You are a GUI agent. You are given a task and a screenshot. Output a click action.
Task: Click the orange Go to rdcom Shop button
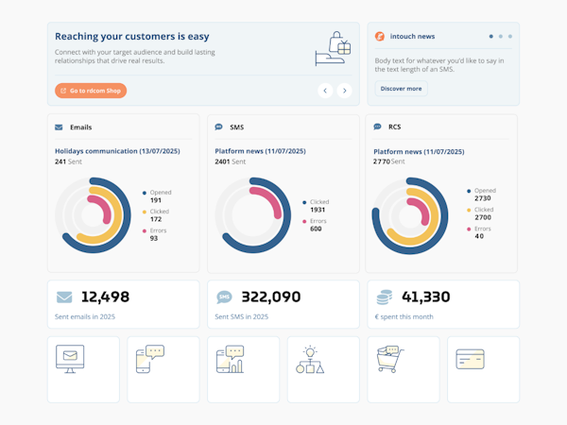(91, 91)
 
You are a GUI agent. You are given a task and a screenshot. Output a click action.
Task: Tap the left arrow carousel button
(325, 91)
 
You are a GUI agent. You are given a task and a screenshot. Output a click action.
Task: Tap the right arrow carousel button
(344, 91)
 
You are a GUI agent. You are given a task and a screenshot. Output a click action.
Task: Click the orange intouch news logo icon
(380, 37)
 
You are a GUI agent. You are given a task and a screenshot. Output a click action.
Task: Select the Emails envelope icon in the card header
(59, 127)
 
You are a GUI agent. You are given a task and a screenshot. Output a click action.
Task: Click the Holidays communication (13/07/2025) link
(117, 151)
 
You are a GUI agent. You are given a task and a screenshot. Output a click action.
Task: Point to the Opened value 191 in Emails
(156, 200)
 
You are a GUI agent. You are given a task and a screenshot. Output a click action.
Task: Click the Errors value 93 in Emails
(154, 238)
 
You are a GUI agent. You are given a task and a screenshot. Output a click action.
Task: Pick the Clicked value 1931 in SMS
(318, 210)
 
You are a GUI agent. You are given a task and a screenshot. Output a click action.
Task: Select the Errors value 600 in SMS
(316, 229)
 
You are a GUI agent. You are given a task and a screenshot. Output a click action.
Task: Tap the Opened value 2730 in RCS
(483, 198)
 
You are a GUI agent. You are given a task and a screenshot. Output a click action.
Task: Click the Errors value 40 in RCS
(480, 236)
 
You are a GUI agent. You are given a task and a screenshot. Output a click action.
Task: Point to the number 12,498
(105, 297)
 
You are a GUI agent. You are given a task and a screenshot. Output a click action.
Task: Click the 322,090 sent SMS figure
(271, 297)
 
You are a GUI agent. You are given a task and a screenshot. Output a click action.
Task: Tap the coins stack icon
(385, 297)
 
